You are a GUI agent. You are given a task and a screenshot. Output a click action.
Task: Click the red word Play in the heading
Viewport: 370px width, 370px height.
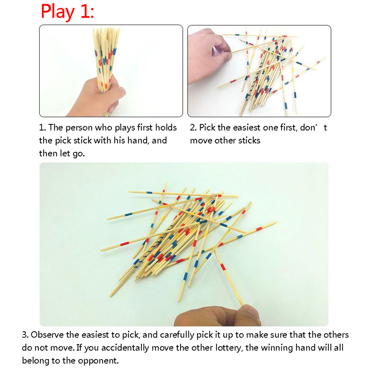[x=58, y=12]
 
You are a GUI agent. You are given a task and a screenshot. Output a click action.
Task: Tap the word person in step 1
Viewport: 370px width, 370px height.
[x=79, y=128]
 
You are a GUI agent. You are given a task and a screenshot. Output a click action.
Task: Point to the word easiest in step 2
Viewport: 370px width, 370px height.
[x=245, y=127]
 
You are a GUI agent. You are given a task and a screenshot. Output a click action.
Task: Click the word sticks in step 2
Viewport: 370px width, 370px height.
[x=249, y=140]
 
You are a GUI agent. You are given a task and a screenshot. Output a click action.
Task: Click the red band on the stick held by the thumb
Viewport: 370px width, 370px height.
[x=223, y=267]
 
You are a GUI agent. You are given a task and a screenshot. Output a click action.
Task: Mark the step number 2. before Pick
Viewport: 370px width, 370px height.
[x=193, y=128]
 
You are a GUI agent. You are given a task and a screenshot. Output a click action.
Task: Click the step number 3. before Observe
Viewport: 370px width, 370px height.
[x=25, y=335]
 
